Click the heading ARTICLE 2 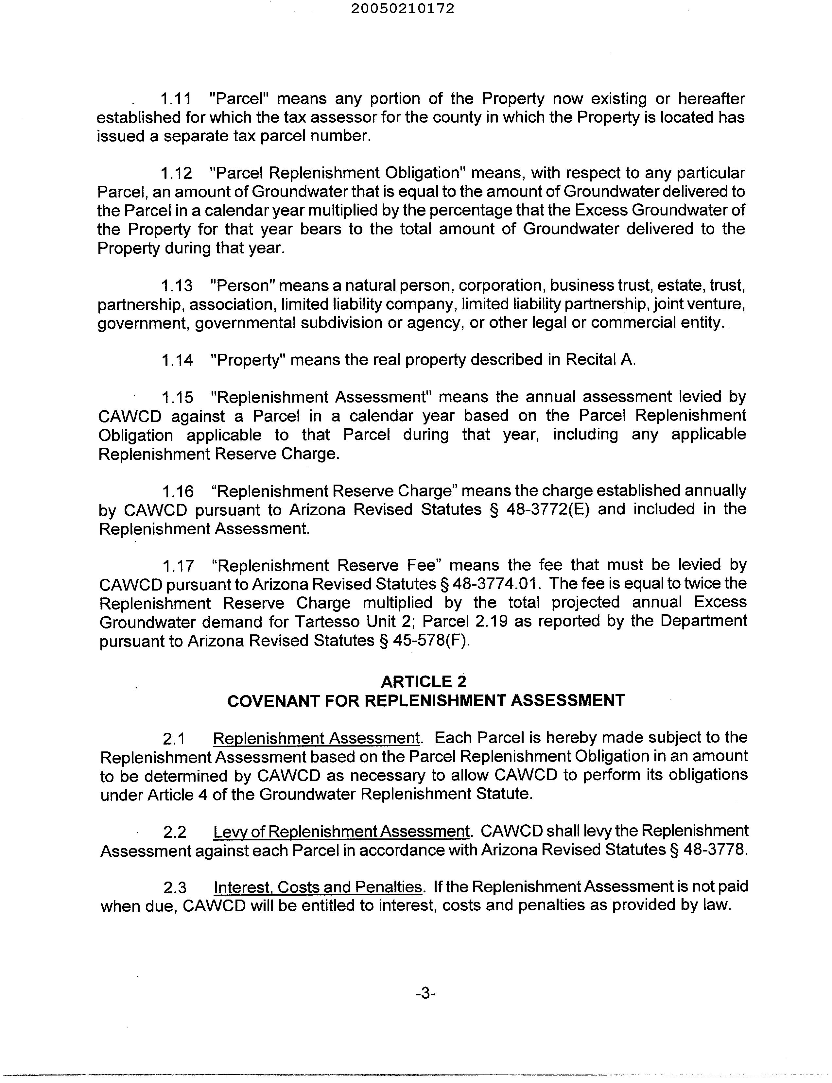click(x=424, y=682)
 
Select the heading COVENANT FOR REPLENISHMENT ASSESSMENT click(x=426, y=701)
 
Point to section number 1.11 click(x=176, y=99)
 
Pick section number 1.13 click(x=177, y=286)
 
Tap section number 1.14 click(x=177, y=360)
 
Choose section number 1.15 click(x=177, y=397)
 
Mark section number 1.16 click(x=178, y=491)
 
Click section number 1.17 click(x=178, y=565)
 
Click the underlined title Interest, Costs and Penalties click(x=318, y=887)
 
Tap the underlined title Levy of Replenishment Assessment click(x=341, y=832)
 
